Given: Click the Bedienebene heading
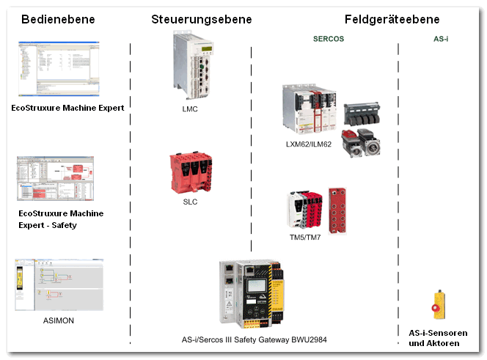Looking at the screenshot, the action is coord(58,19).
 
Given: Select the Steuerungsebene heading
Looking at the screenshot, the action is coord(202,19).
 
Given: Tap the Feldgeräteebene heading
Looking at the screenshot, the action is coord(392,19).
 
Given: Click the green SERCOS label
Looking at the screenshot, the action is coord(329,39).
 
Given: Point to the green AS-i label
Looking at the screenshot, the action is coord(441,39).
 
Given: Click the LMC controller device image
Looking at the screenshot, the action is coord(193,65).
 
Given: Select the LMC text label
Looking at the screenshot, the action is coord(190,109).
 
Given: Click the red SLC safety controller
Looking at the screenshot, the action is coord(191,172).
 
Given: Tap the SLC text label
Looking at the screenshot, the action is coord(190,202).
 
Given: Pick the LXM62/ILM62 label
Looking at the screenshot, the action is coord(309,144).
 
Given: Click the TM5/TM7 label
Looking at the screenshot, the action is coord(305,238).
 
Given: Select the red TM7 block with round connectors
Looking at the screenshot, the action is coord(337,210).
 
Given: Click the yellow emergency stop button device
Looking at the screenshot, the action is coord(439,305).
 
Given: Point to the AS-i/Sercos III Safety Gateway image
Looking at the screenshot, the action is coord(252,294).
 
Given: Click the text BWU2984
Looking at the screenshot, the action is coord(309,339).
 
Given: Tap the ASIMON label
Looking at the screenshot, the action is coord(59,320).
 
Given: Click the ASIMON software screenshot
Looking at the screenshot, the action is coord(59,284).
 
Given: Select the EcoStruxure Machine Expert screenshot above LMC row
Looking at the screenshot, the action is coord(59,69).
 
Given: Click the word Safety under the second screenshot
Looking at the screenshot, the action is coord(65,225).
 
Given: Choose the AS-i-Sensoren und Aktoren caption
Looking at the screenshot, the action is coord(438,338).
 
